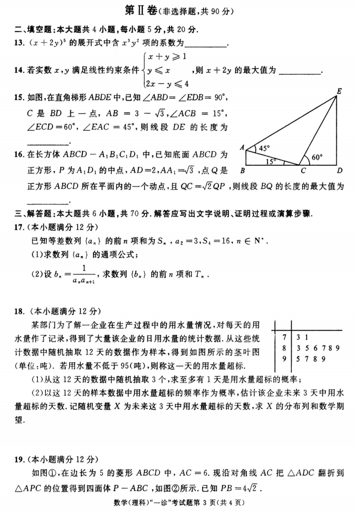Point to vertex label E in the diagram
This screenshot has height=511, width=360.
[340, 91]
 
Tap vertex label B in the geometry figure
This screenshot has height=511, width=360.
[242, 170]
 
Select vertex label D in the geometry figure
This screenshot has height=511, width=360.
[339, 170]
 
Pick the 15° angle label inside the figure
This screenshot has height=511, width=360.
[271, 161]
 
